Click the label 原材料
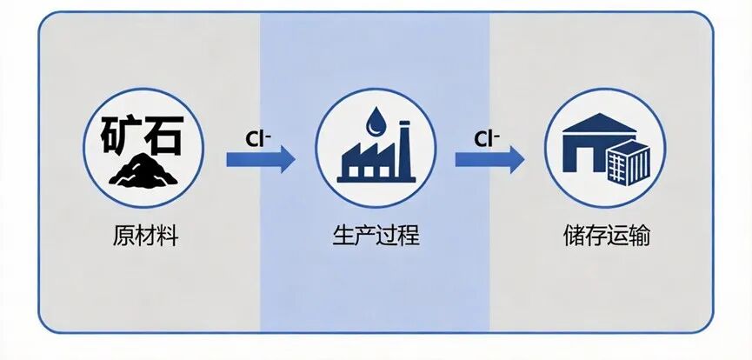pos(145,236)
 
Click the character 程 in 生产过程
pos(409,236)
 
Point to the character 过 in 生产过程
pos(387,236)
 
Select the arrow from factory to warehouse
pos(489,160)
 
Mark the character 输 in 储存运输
pos(639,236)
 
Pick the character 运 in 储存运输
pos(617,236)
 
